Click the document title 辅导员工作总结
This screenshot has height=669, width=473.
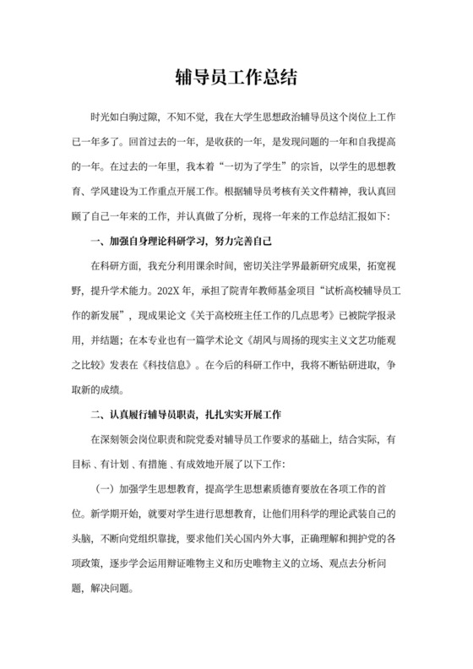[236, 77]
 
